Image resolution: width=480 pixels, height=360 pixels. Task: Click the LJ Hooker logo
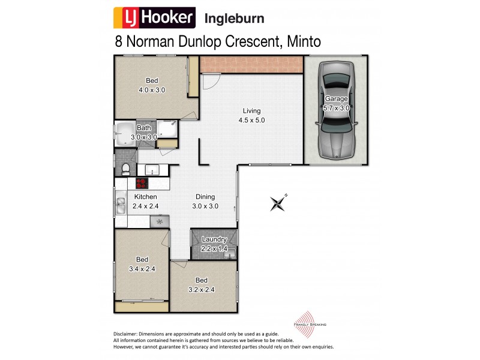[x=154, y=18]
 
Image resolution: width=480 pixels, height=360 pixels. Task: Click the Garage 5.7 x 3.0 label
[x=336, y=103]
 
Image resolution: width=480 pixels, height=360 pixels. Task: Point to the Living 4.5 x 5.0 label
[x=251, y=115]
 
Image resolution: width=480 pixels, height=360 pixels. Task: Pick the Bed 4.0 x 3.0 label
[x=151, y=85]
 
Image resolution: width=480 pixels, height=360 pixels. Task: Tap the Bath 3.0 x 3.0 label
[x=144, y=133]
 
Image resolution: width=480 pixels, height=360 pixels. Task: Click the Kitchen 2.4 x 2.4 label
[x=145, y=202]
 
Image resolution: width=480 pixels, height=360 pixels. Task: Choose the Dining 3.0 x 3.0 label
[x=205, y=202]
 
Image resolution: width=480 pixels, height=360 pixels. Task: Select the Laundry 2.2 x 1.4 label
[x=214, y=244]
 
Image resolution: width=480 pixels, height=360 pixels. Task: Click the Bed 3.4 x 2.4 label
[x=142, y=265]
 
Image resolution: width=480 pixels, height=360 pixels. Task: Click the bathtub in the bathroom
[x=125, y=133]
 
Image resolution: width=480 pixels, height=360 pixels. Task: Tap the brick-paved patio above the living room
[x=251, y=62]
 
